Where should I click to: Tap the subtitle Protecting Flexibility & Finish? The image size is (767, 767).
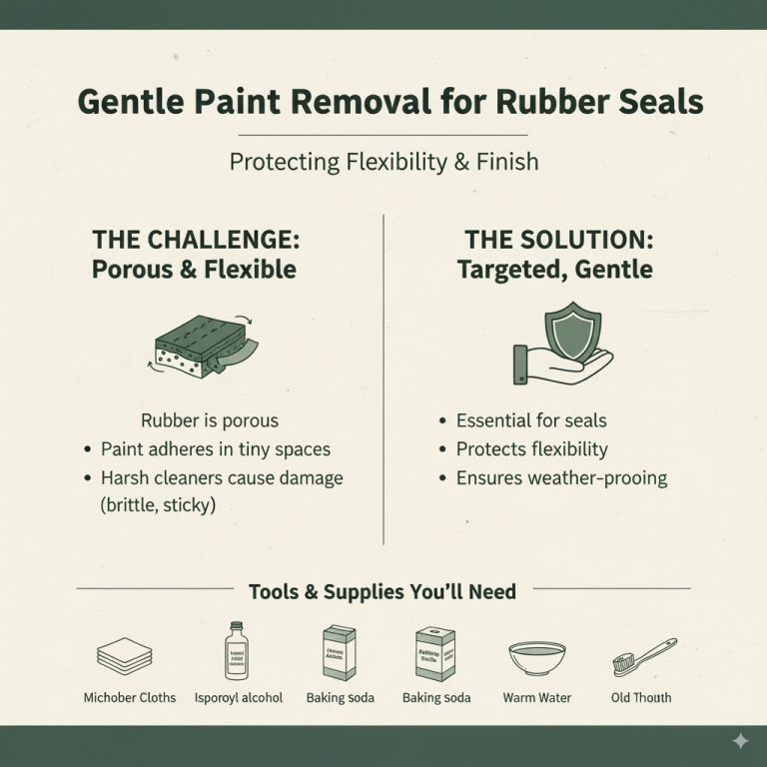tap(383, 161)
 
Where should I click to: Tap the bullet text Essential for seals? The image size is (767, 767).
tap(530, 420)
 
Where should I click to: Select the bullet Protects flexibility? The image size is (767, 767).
tap(531, 449)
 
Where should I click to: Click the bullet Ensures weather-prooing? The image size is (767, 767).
tap(560, 478)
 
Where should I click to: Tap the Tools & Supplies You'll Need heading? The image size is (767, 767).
tap(383, 592)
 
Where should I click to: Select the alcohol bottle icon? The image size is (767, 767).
tap(237, 651)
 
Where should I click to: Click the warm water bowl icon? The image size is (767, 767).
tap(537, 657)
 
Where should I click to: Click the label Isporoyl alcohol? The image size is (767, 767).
tap(238, 697)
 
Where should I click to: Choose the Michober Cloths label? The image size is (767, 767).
tap(130, 697)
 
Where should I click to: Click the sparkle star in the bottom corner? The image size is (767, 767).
tap(740, 741)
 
